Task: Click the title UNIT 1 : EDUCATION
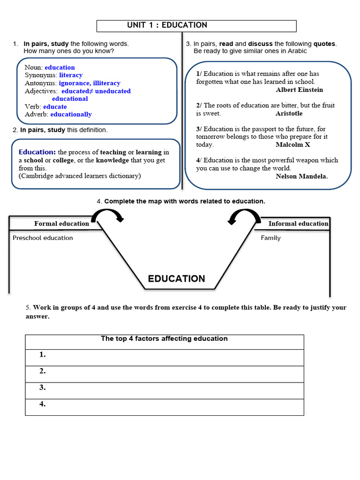point(167,25)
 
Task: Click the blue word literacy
point(71,75)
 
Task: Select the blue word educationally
point(71,114)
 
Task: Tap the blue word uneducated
point(114,91)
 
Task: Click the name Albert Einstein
point(299,90)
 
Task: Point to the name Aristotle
point(289,113)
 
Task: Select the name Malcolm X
point(293,145)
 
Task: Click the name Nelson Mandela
point(302,177)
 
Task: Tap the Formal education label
point(61,224)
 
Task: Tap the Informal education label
point(298,224)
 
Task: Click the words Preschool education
point(43,238)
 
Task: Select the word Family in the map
point(271,238)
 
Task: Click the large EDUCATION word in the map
point(176,279)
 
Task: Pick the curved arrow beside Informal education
point(244,216)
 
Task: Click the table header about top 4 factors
point(164,338)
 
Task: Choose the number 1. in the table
point(43,355)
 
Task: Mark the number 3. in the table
point(43,388)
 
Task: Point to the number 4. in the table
point(43,404)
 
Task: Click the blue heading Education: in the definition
point(37,152)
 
